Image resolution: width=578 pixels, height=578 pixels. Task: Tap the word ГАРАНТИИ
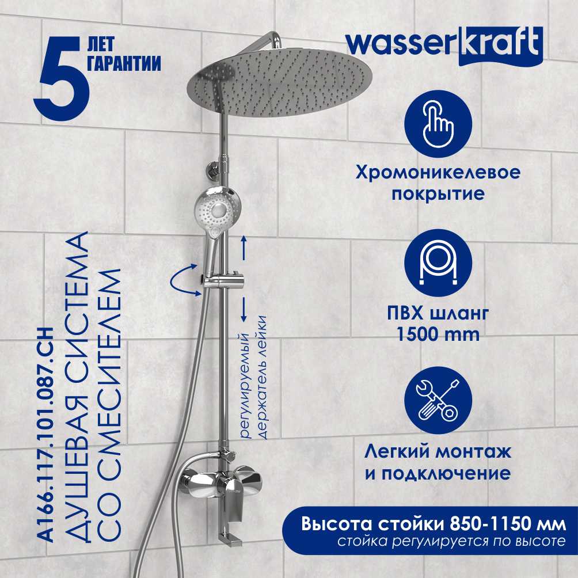pos(124,63)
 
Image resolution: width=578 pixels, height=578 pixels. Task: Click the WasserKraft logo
pos(444,45)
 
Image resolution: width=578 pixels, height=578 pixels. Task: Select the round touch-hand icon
pos(438,124)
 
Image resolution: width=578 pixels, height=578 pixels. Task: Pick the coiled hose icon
pos(438,263)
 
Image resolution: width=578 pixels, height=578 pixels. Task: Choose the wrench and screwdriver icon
pos(438,401)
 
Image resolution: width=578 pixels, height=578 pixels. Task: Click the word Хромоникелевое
pos(438,173)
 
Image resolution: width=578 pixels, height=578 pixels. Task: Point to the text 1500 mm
pos(438,334)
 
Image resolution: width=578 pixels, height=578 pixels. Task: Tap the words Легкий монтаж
pos(438,452)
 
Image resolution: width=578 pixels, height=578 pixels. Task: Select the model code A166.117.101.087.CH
pos(47,435)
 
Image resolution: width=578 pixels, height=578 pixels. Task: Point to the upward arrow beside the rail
pos(244,248)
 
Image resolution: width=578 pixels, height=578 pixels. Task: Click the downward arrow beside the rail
pos(244,309)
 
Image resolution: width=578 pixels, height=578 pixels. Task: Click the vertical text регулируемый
pos(245,385)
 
